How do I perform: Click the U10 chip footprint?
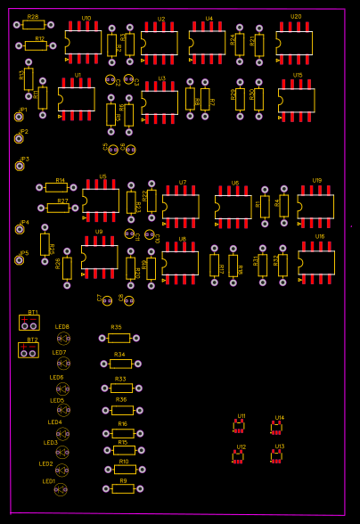[x=84, y=42]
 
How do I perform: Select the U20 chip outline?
[x=294, y=43]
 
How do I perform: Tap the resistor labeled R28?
[x=34, y=25]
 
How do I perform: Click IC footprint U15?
[x=297, y=100]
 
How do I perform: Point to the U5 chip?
[x=101, y=201]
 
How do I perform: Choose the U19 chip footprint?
[x=315, y=207]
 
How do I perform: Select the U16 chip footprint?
[x=316, y=262]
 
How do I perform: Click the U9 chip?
[x=100, y=257]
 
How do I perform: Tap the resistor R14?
[x=56, y=187]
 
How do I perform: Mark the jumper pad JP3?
[x=20, y=166]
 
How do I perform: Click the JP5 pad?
[x=20, y=260]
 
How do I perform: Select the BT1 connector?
[x=29, y=323]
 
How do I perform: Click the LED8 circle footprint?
[x=63, y=339]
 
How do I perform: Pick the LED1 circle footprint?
[x=61, y=489]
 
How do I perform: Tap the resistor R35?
[x=119, y=338]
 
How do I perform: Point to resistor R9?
[x=123, y=488]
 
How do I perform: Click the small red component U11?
[x=239, y=427]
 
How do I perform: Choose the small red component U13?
[x=277, y=456]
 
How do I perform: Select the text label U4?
[x=209, y=19]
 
